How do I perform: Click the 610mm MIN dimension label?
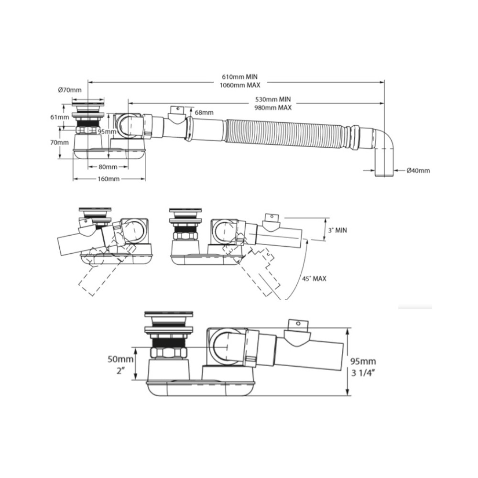click(x=239, y=77)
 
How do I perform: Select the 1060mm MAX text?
click(x=240, y=85)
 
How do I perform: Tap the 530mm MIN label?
click(x=273, y=99)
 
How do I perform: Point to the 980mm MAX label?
click(x=273, y=108)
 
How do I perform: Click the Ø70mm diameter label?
click(x=70, y=90)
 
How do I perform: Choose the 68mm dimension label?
click(x=204, y=112)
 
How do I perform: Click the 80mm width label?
click(x=108, y=167)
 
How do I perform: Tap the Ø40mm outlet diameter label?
click(x=418, y=171)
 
